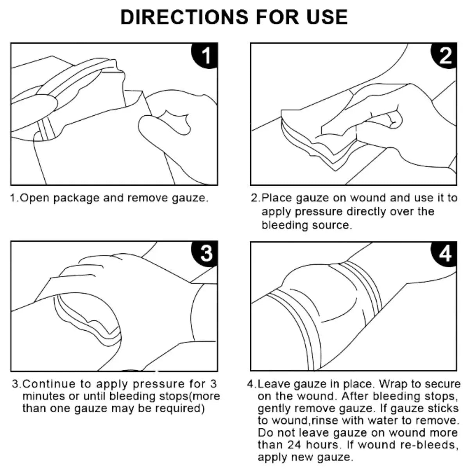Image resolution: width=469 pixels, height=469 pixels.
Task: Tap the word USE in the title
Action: click(327, 17)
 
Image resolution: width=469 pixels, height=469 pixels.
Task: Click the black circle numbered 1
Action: click(204, 55)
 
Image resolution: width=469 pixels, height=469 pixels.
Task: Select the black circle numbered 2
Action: click(444, 55)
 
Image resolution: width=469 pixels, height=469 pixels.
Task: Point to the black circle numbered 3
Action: click(204, 254)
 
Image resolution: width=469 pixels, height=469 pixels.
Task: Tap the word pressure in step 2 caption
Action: click(319, 212)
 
